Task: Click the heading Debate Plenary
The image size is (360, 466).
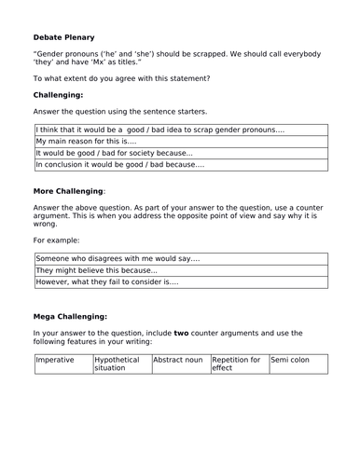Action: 65,39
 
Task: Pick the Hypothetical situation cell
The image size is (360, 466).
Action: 120,363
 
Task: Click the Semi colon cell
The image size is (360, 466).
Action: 298,359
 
